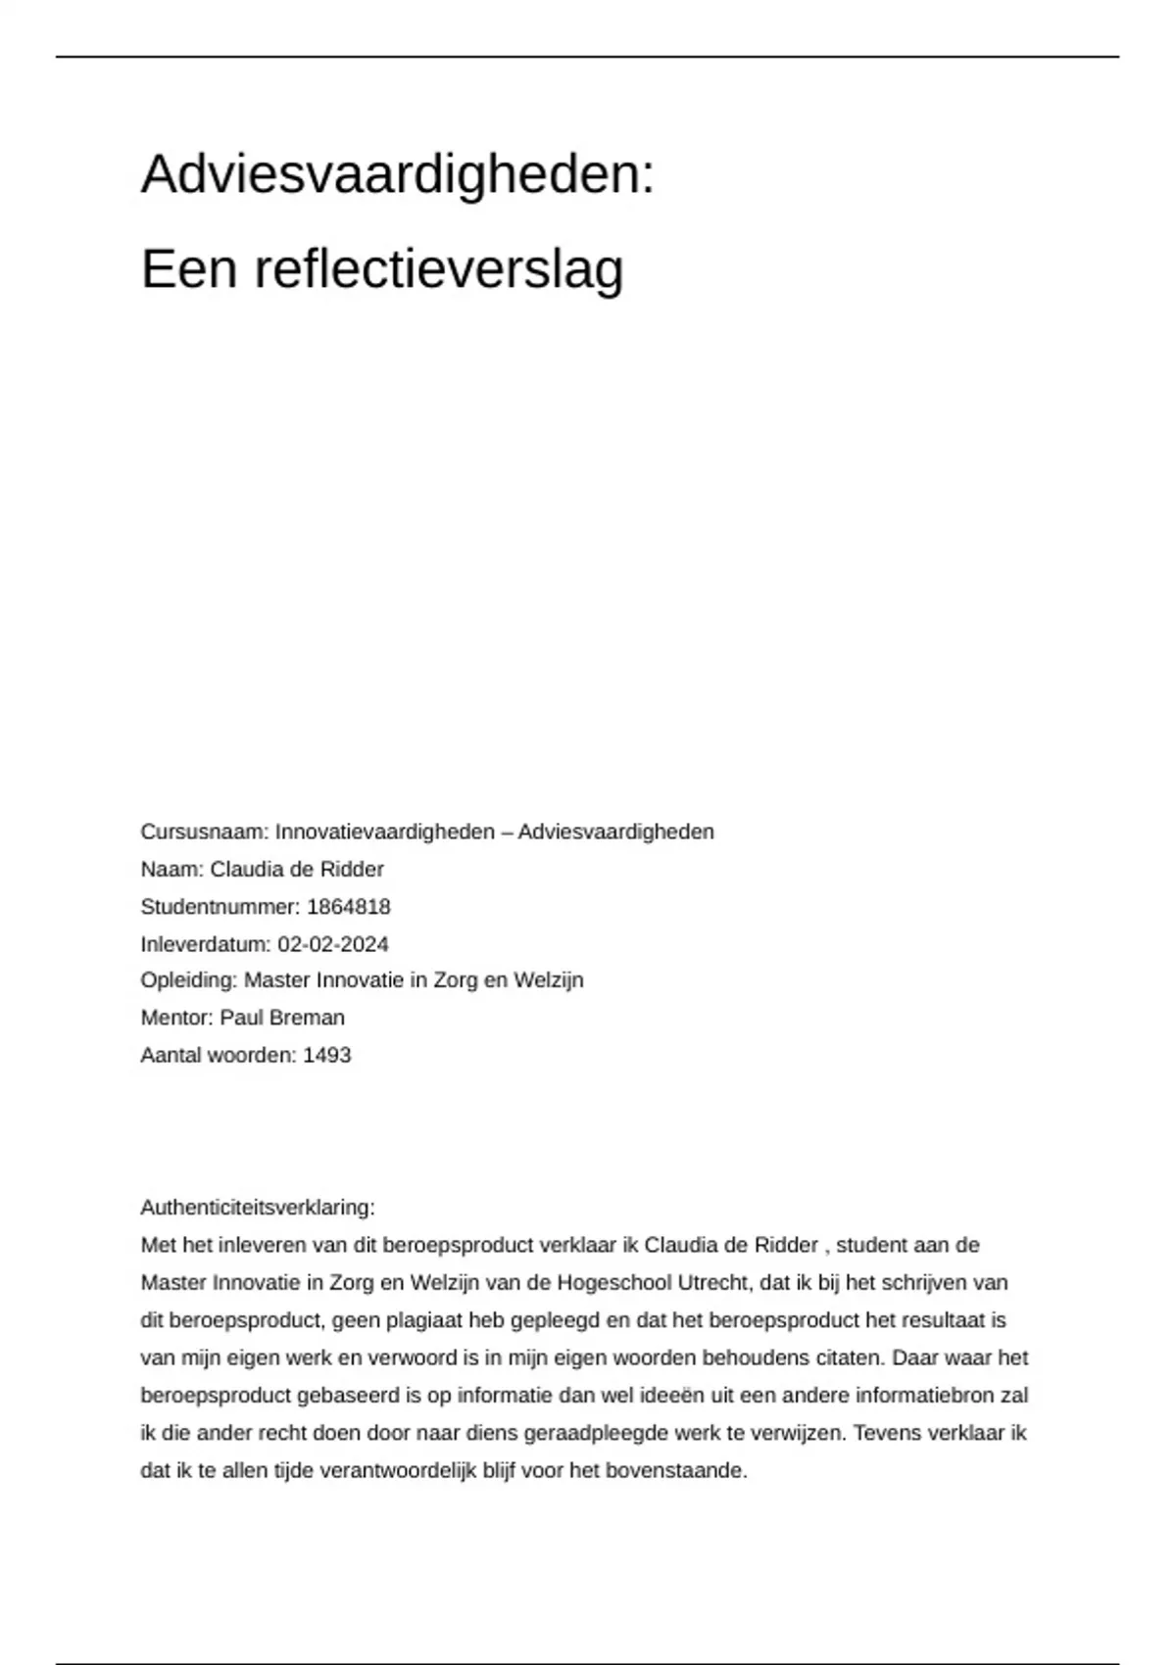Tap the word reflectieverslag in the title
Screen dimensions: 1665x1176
pyautogui.click(x=439, y=269)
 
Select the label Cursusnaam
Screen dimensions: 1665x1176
pyautogui.click(x=202, y=832)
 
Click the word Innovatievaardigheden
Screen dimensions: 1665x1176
pyautogui.click(x=385, y=832)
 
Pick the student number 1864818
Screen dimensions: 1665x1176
pyautogui.click(x=349, y=907)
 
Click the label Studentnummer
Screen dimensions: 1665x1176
pyautogui.click(x=219, y=907)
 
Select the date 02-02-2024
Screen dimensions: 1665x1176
pyautogui.click(x=333, y=944)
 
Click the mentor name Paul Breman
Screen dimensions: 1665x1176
pyautogui.click(x=282, y=1018)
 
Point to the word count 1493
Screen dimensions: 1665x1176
pyautogui.click(x=327, y=1055)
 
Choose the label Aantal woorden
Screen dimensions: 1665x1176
pyautogui.click(x=217, y=1055)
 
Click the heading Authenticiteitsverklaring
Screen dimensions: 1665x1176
pyautogui.click(x=257, y=1207)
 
